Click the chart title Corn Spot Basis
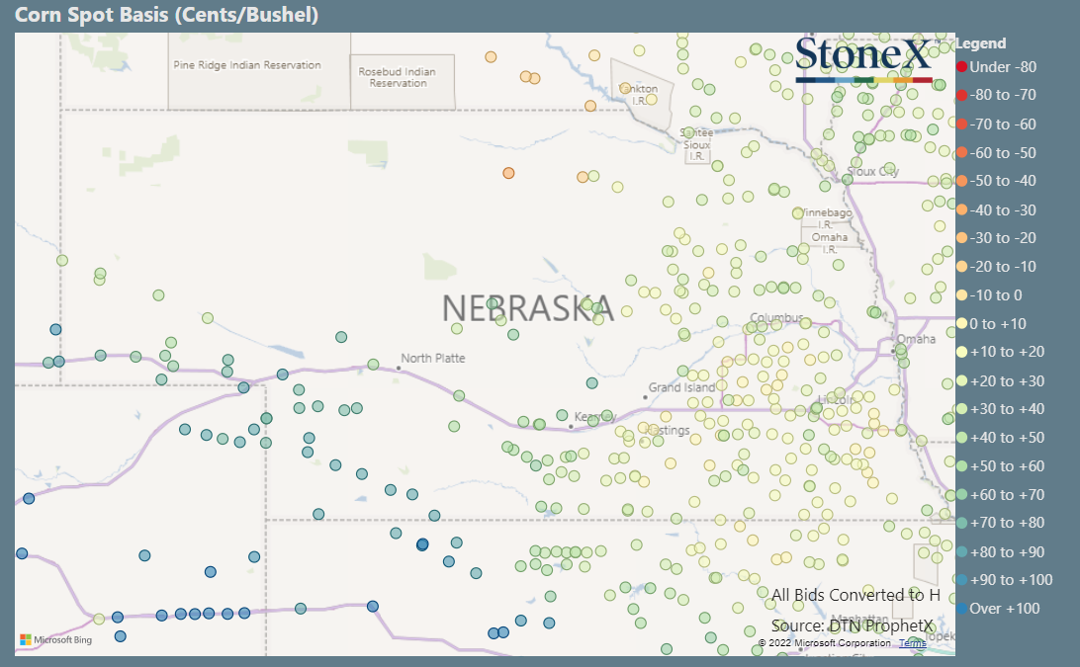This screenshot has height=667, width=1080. click(x=165, y=16)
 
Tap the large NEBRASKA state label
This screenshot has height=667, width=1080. click(x=527, y=308)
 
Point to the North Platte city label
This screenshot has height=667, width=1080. click(x=432, y=358)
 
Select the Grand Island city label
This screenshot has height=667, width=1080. click(x=681, y=387)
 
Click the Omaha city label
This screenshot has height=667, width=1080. click(x=916, y=339)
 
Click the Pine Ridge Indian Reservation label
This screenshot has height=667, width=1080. click(x=247, y=65)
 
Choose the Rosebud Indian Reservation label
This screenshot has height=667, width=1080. click(x=397, y=77)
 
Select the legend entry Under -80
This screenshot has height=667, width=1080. click(x=1003, y=67)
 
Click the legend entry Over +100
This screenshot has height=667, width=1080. click(x=1005, y=608)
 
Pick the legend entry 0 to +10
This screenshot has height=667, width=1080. click(x=998, y=323)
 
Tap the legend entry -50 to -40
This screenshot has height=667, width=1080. click(x=1003, y=181)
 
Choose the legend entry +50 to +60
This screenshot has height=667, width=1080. click(x=1007, y=465)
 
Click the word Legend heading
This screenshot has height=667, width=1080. click(x=981, y=43)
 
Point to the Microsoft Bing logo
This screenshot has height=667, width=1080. click(x=55, y=640)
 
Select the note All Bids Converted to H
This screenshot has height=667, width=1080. click(x=855, y=595)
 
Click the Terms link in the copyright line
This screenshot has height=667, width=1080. click(x=912, y=643)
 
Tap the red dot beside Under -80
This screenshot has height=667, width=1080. click(x=961, y=67)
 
